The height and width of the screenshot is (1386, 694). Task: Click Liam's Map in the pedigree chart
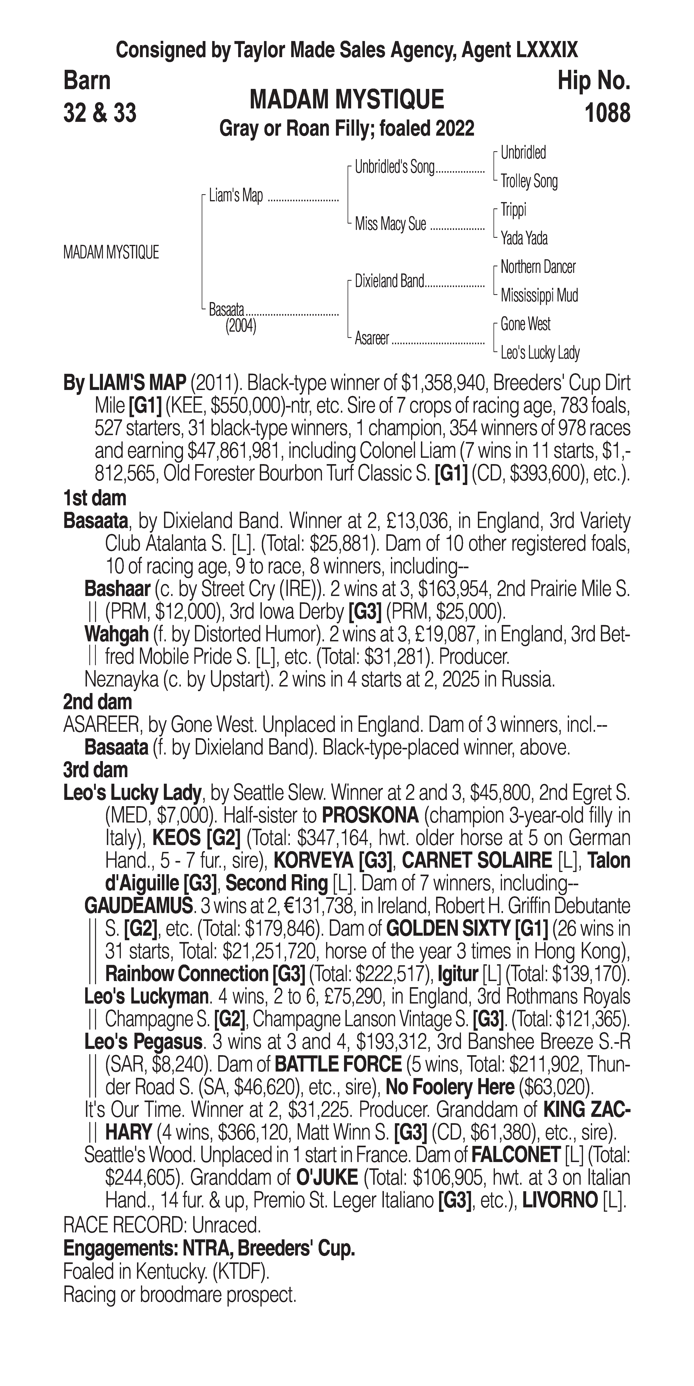tap(236, 196)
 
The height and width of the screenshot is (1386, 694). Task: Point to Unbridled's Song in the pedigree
tap(394, 167)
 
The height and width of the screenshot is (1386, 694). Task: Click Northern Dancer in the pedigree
tap(538, 267)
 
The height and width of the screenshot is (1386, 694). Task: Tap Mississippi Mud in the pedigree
tap(539, 295)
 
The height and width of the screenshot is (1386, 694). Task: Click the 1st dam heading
tap(95, 498)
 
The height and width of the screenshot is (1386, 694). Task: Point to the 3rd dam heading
tap(95, 770)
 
